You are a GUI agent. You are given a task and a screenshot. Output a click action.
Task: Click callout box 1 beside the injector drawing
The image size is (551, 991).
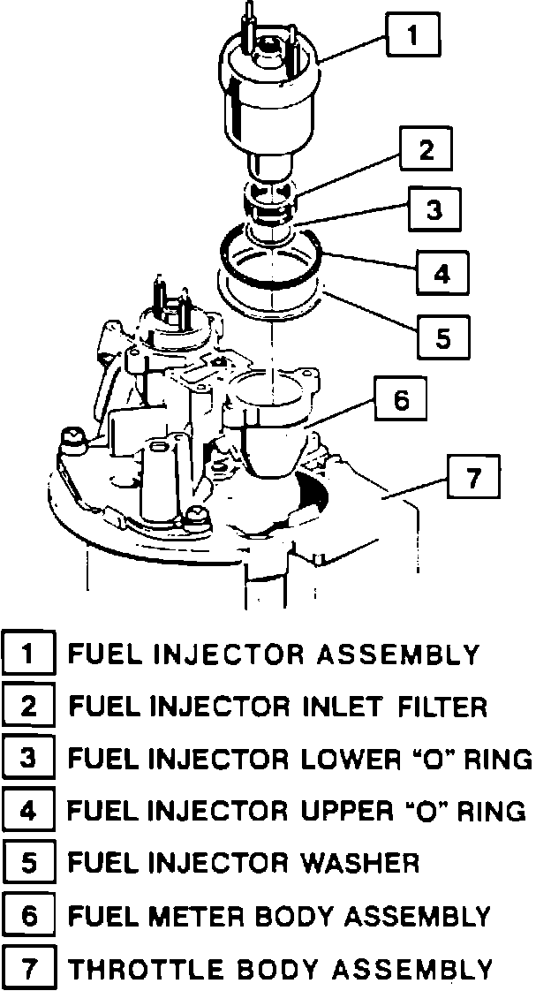tap(412, 37)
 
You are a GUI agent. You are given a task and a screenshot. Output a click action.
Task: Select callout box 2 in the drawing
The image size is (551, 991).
tap(426, 150)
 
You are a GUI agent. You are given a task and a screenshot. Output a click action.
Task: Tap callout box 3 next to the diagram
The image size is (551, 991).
tap(434, 210)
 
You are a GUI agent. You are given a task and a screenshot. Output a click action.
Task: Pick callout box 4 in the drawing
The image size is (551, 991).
tap(441, 273)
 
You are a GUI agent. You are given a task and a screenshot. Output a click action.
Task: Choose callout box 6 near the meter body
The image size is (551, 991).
tap(400, 400)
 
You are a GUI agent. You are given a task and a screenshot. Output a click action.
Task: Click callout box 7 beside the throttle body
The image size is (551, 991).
tap(473, 479)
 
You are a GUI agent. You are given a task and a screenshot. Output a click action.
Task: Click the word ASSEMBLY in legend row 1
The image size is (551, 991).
tap(398, 654)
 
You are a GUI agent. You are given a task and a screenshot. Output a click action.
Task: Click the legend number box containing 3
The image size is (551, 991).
tap(29, 759)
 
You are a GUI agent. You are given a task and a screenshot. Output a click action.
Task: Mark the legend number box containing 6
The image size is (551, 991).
tap(29, 915)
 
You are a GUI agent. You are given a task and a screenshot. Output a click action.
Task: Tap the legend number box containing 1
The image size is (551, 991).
tap(29, 654)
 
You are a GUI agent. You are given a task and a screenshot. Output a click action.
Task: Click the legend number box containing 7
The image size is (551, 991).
tap(29, 968)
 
